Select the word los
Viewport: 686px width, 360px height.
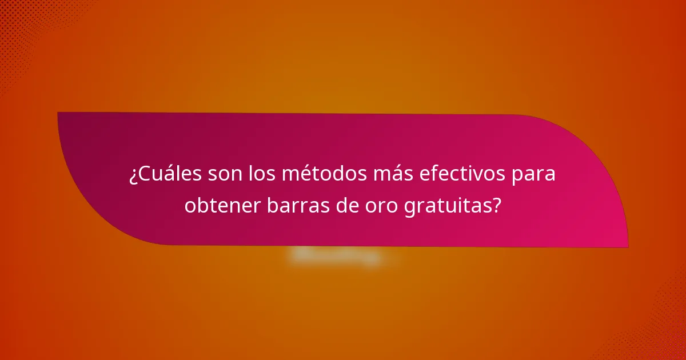click(x=260, y=174)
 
